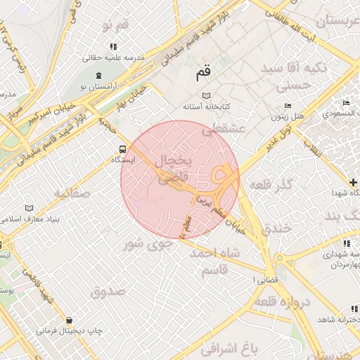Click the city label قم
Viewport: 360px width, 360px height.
(x=203, y=71)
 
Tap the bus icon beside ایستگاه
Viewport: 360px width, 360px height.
(x=123, y=149)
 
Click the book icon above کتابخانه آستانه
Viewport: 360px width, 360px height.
(x=206, y=96)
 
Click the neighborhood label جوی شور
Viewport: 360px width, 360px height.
(x=147, y=245)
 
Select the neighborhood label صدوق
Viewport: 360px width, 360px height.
(x=108, y=290)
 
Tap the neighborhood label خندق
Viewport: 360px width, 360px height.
(x=276, y=229)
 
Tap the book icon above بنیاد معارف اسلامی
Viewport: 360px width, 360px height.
(x=29, y=208)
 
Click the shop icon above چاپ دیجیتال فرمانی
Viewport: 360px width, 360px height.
(x=68, y=320)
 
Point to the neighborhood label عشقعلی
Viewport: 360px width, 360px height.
(x=222, y=129)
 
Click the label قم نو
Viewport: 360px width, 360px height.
(x=115, y=26)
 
